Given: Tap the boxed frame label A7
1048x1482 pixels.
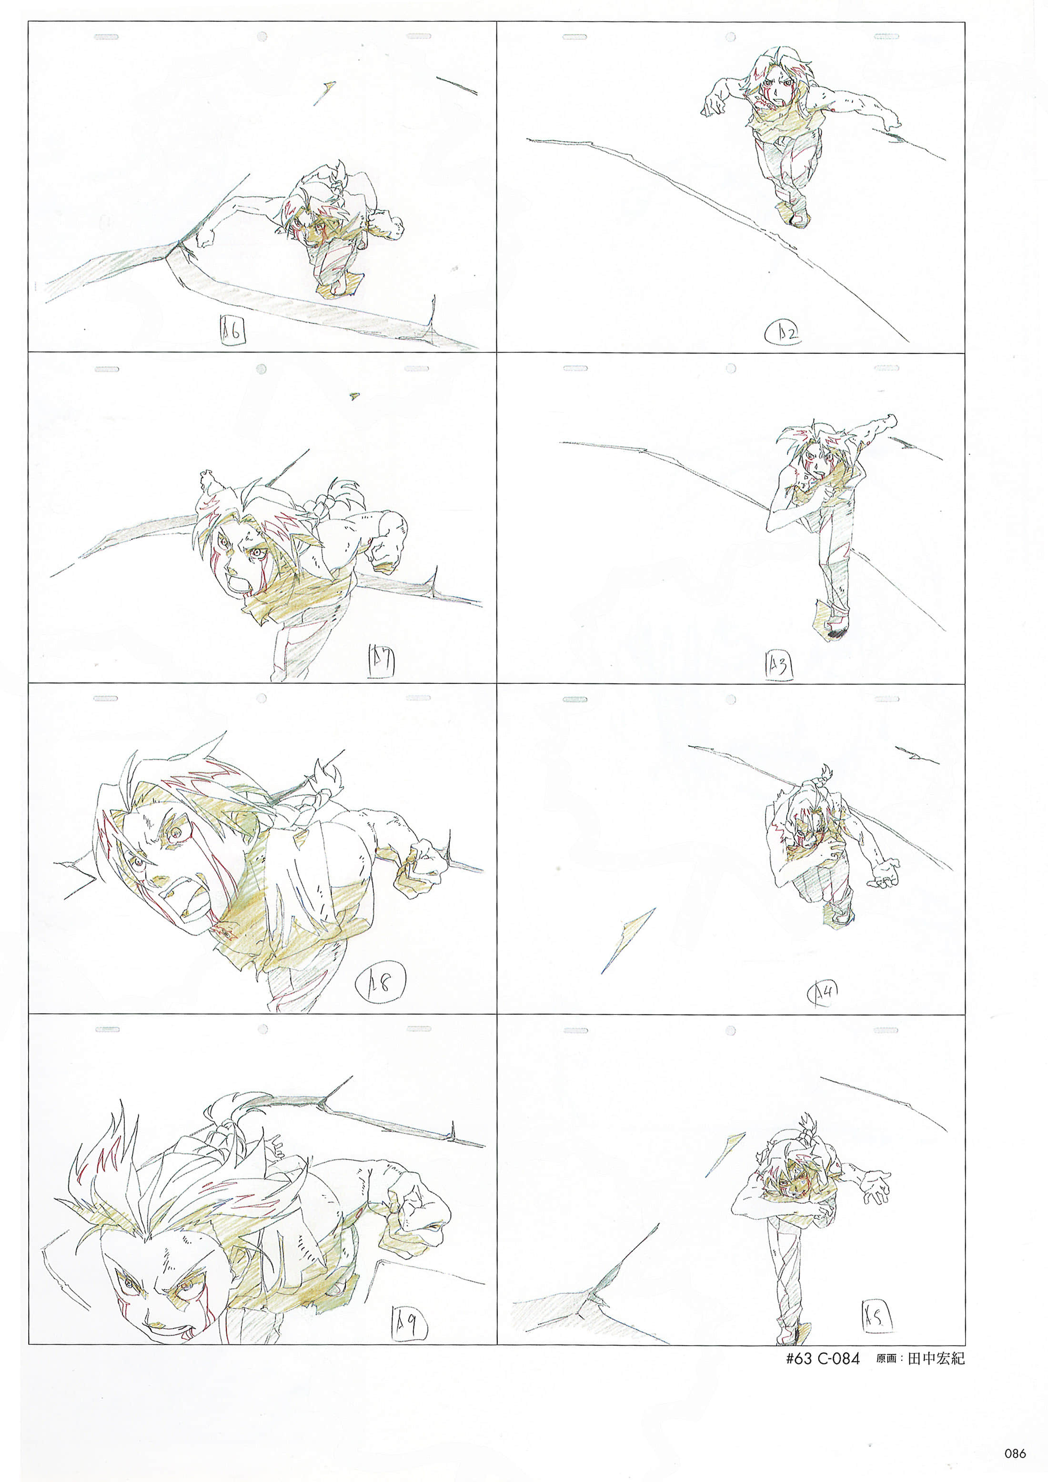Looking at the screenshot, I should coord(381,661).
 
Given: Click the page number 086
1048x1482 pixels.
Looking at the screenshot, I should coord(1015,1453).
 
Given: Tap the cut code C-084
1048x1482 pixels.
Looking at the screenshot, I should coord(839,1359).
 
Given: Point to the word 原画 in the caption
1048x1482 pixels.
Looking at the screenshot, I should coord(887,1359).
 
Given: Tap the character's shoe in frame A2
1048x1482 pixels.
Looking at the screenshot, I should coord(798,218).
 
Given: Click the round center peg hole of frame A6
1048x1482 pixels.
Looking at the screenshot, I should coord(262,37).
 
